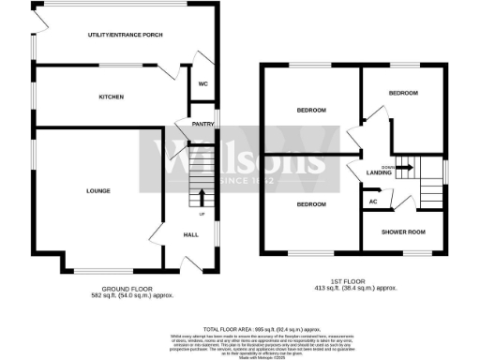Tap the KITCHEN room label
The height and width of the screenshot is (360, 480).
(x=112, y=97)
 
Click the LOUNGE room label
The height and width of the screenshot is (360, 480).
(x=97, y=191)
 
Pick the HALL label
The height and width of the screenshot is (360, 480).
(x=188, y=234)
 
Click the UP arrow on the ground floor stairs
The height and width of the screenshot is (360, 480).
(x=201, y=198)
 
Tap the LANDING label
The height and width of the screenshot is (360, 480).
(x=379, y=172)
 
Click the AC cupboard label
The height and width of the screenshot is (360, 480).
(x=372, y=201)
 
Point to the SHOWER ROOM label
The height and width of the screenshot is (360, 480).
(x=402, y=232)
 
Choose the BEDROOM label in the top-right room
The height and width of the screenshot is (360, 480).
(x=403, y=93)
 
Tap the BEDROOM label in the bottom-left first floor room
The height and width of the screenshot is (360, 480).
(x=310, y=203)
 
